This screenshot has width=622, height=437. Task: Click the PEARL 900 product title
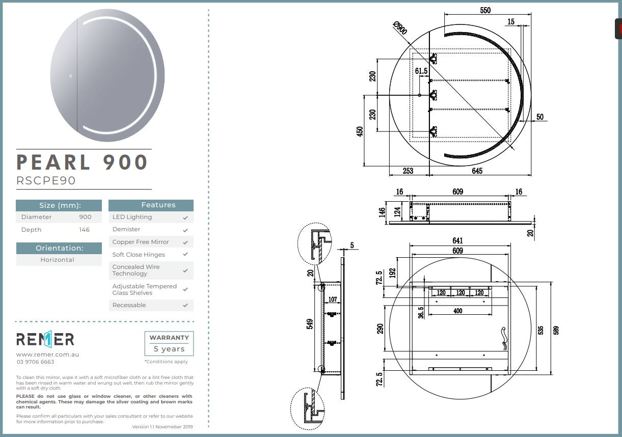82,162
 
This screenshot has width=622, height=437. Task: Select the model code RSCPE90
46,181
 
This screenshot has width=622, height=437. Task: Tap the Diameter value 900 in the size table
85,217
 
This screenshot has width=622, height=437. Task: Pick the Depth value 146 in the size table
85,230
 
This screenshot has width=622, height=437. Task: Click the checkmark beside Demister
185,230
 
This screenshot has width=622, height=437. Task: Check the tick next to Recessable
185,306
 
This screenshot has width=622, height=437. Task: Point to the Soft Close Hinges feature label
139,255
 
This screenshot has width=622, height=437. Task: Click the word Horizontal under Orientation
57,260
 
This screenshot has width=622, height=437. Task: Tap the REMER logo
45,339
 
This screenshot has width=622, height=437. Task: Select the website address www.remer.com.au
47,354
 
